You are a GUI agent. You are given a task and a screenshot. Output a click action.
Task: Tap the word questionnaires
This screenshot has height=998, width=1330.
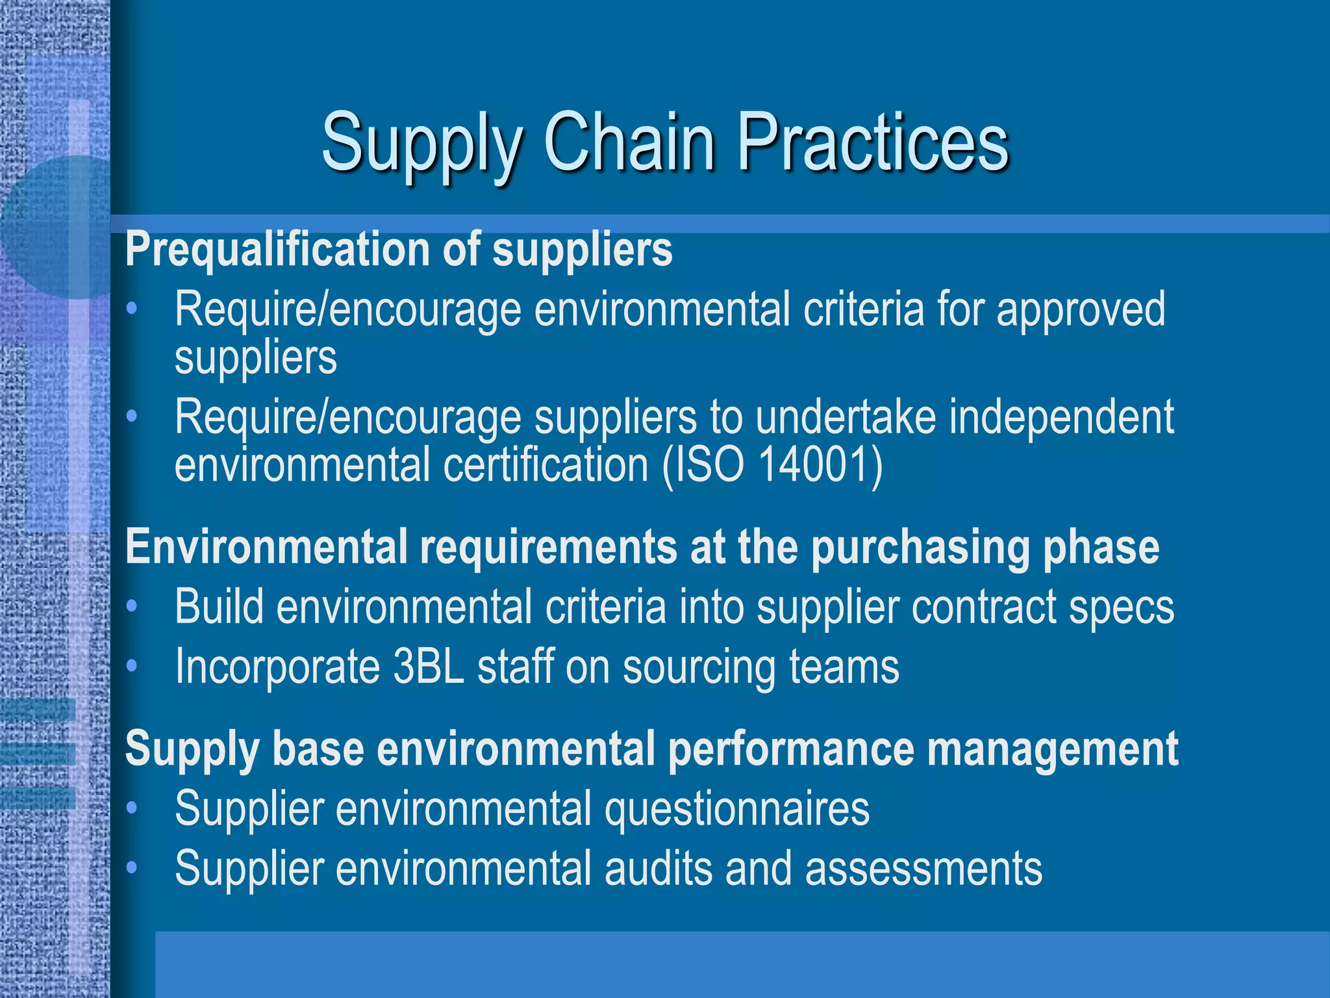click(736, 810)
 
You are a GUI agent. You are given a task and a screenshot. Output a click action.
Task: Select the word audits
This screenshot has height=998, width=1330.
click(659, 869)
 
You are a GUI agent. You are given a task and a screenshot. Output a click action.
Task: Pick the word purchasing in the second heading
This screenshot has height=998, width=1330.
click(920, 548)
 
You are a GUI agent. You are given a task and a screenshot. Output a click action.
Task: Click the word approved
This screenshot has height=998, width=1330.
click(1081, 311)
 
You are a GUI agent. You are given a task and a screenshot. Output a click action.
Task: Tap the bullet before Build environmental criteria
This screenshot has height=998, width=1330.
click(132, 606)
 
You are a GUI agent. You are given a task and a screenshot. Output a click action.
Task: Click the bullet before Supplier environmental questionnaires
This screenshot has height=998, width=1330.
click(132, 808)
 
